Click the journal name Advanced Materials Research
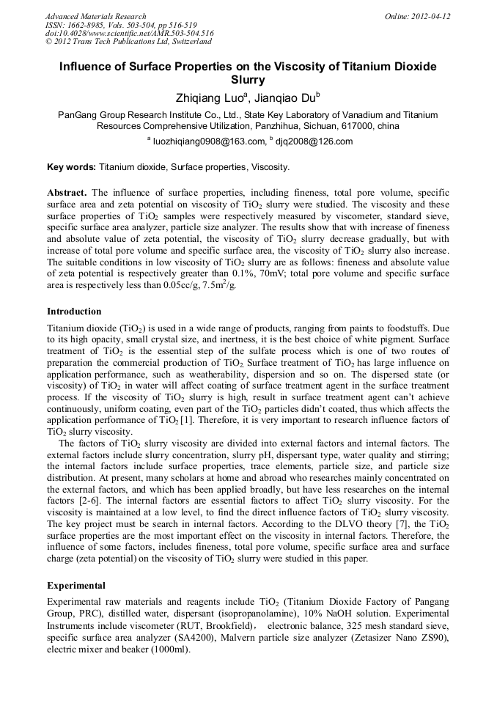pyautogui.click(x=95, y=16)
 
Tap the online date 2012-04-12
pyautogui.click(x=429, y=16)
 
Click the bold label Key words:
pyautogui.click(x=71, y=167)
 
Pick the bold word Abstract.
pyautogui.click(x=67, y=192)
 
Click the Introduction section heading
pyautogui.click(x=74, y=311)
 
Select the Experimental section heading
pyautogui.click(x=76, y=586)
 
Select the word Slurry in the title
pyautogui.click(x=248, y=80)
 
